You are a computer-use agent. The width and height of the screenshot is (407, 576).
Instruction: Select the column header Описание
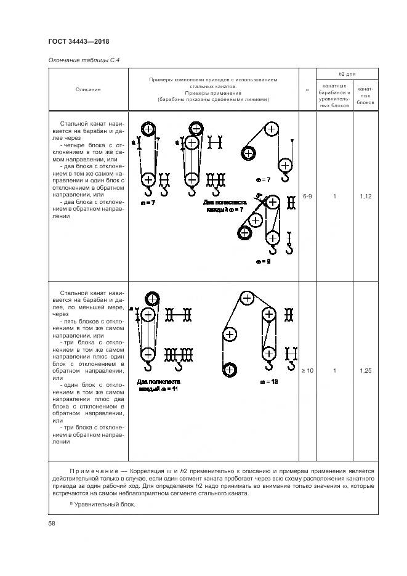point(88,89)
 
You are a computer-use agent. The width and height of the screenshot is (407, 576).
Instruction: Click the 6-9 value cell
point(308,197)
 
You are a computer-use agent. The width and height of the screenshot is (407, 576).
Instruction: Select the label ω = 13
point(269,381)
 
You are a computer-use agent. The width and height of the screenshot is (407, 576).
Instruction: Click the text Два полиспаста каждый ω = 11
point(157,386)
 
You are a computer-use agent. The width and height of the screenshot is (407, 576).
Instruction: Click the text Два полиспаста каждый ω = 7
point(225,206)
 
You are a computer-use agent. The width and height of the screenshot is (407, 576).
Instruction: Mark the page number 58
point(52,523)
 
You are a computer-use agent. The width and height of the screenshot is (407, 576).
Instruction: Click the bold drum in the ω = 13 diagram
point(230,370)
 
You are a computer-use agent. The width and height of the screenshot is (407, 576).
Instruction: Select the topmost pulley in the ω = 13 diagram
point(247,299)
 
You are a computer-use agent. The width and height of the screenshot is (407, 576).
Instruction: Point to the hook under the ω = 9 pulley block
point(272,249)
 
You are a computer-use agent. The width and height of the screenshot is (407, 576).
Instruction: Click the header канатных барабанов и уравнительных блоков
point(334,95)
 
